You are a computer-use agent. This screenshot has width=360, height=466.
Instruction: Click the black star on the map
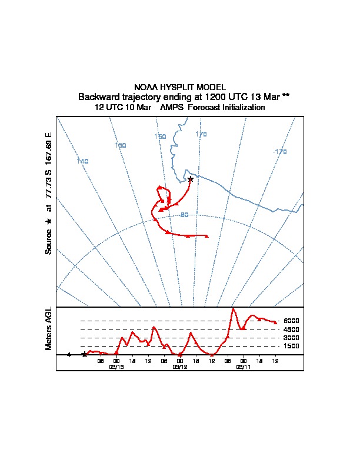190,179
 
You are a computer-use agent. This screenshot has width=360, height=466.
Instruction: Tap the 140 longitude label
82,161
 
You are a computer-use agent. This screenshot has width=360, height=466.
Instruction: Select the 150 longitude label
120,145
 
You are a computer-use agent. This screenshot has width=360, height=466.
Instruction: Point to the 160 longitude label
160,137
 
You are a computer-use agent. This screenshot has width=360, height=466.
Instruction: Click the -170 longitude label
279,152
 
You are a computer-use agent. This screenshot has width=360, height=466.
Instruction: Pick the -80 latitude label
184,215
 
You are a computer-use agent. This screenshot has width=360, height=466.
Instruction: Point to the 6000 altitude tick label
292,321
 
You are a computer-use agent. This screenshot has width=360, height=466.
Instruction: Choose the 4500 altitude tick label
292,329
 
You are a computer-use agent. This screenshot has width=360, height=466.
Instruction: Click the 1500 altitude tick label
292,347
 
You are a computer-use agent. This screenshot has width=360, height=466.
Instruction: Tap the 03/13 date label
116,367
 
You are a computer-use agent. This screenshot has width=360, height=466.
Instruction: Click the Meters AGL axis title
49,329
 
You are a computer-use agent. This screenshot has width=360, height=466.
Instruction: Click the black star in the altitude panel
84,354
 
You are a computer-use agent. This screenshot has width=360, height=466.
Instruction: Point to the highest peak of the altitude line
234,308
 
